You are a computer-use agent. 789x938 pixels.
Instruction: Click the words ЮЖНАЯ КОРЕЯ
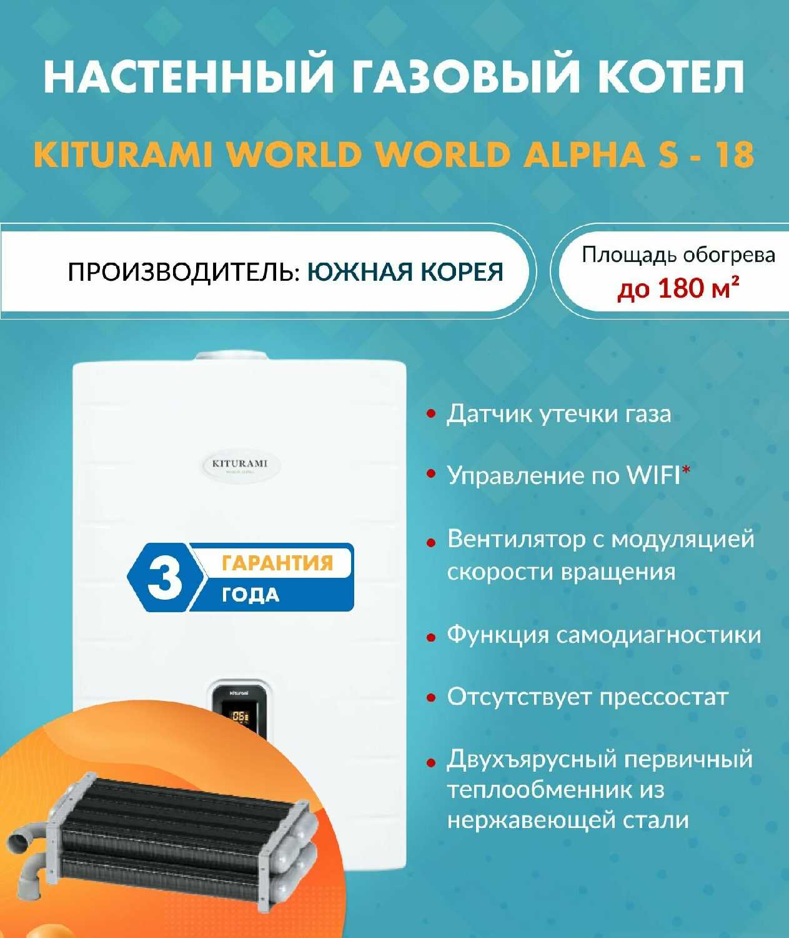405,272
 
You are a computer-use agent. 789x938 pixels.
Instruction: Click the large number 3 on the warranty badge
165,577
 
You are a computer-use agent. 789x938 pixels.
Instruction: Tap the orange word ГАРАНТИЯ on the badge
277,562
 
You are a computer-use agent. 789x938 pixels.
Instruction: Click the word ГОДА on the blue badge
251,595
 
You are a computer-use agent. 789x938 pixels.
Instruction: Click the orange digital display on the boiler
240,716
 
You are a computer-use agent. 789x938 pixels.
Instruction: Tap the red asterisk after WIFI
685,470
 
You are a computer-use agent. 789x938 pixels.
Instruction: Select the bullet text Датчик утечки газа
558,415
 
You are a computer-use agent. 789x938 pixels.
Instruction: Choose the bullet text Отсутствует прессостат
587,697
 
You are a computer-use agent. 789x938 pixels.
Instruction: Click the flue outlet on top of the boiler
232,356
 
